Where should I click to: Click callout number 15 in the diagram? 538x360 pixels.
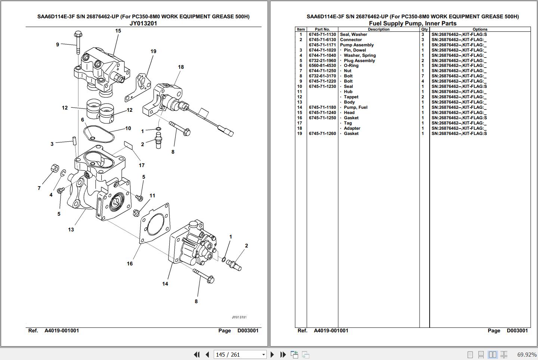118,31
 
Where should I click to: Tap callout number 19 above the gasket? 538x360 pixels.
153,52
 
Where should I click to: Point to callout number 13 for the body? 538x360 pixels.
71,230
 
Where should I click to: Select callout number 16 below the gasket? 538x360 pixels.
130,264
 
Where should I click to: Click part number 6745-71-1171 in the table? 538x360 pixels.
322,45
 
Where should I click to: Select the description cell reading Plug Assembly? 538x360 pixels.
359,61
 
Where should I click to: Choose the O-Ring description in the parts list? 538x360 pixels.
351,65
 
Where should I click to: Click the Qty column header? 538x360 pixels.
424,29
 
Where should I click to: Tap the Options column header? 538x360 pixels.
480,29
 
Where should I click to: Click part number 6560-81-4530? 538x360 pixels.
322,65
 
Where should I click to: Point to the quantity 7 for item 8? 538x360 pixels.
423,76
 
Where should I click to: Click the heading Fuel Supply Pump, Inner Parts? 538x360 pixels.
412,23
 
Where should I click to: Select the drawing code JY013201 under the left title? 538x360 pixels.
143,23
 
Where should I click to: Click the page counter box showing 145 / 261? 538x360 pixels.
240,354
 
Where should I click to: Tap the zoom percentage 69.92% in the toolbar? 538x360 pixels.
527,354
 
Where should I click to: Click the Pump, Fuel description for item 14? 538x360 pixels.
355,107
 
